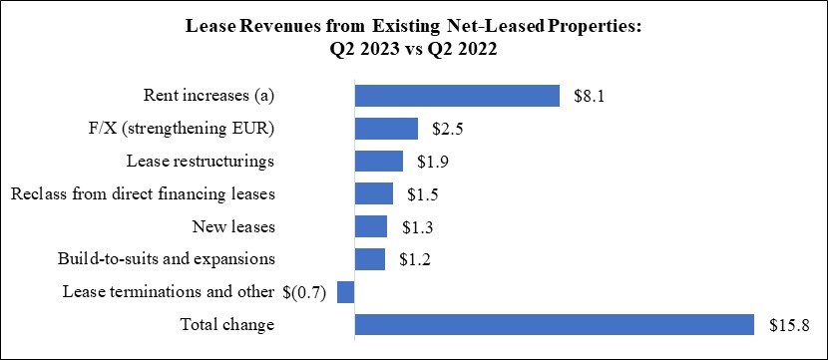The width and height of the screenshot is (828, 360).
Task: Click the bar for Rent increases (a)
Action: point(457,96)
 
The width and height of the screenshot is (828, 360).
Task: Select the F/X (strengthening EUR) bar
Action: point(386,129)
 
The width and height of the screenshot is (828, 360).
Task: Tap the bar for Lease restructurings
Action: point(379,162)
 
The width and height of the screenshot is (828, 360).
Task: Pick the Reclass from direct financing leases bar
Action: point(374,193)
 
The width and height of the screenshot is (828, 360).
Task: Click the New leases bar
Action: point(371,226)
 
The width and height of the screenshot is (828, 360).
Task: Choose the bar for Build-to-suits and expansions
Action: point(370,259)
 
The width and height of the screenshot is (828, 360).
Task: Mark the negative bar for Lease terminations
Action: point(346,292)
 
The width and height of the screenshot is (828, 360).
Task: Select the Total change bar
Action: point(554,325)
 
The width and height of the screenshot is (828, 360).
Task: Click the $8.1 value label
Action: point(590,96)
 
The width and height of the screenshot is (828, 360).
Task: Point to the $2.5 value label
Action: point(448,129)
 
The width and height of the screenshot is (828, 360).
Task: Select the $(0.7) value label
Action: point(307,292)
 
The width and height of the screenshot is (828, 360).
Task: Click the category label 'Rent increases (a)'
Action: point(208,96)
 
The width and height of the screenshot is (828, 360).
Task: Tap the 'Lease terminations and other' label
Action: point(169,292)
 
